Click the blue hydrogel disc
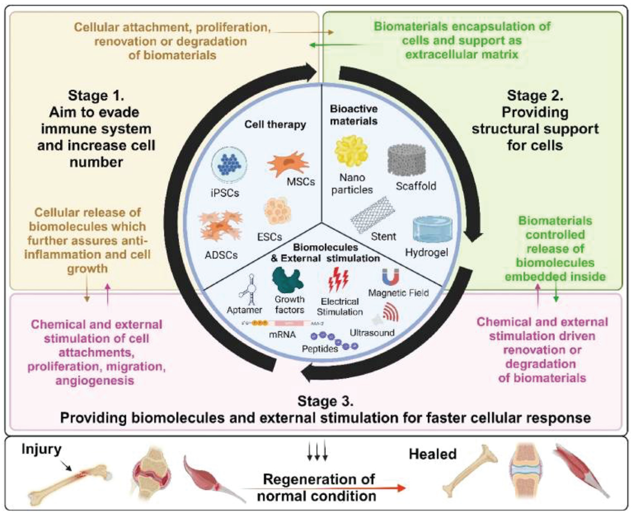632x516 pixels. (433, 230)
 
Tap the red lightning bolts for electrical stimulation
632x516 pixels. (338, 279)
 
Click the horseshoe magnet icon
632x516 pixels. (390, 277)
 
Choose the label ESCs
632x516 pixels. (269, 237)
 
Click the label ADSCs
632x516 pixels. (221, 255)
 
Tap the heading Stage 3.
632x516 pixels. (326, 401)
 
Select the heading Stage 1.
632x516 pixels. (96, 96)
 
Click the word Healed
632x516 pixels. (433, 454)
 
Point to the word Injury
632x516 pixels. (41, 449)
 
